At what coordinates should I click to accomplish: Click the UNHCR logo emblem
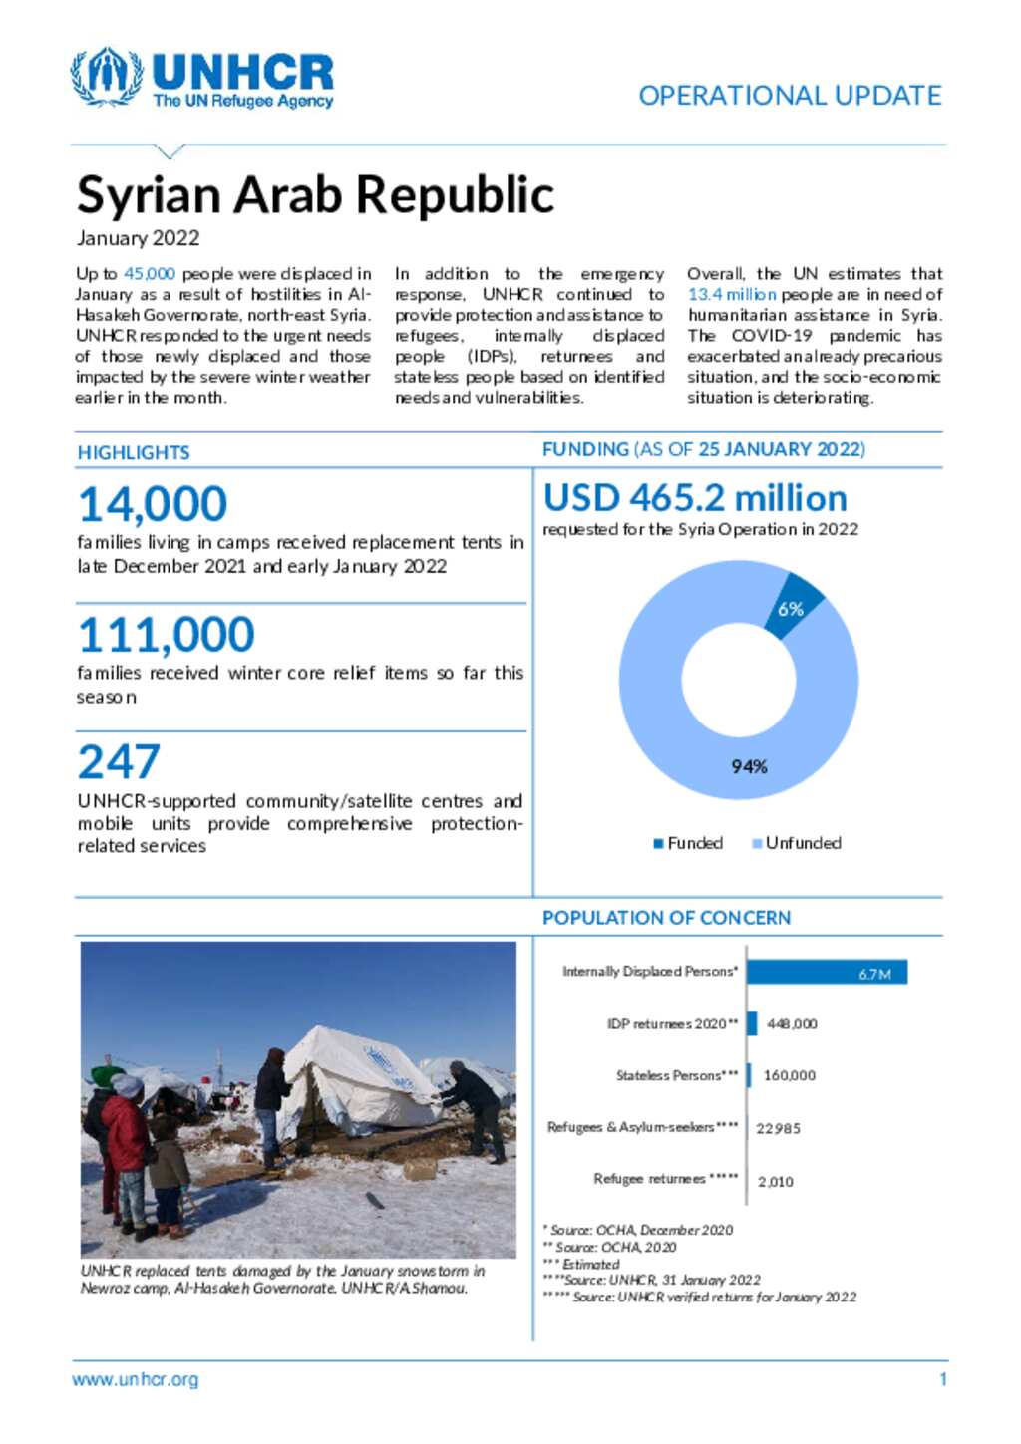[x=106, y=77]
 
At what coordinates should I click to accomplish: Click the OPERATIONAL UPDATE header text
[x=790, y=96]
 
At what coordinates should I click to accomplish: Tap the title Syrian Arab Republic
[x=315, y=194]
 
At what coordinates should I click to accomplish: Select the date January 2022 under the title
[x=138, y=238]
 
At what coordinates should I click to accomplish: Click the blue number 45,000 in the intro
[x=149, y=274]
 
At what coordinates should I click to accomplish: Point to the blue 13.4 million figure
[x=731, y=295]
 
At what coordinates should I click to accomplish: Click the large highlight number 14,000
[x=153, y=504]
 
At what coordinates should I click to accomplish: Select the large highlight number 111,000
[x=167, y=635]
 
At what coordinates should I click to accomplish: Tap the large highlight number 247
[x=119, y=763]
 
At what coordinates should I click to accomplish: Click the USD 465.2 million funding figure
[x=695, y=498]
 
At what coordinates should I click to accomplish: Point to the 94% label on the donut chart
[x=749, y=766]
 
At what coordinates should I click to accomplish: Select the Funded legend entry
[x=688, y=843]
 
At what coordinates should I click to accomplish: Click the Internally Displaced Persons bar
[x=826, y=972]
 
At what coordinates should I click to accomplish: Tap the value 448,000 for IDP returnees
[x=792, y=1024]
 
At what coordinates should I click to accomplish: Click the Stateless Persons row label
[x=677, y=1076]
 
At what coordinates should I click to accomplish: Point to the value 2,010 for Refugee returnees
[x=775, y=1182]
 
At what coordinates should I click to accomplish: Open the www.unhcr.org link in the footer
[x=135, y=1380]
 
